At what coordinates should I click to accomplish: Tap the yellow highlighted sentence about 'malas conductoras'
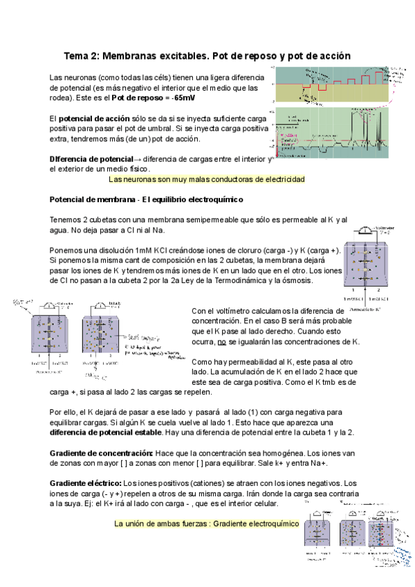tap(207, 179)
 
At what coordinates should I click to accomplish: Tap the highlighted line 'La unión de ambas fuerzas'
tap(206, 523)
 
